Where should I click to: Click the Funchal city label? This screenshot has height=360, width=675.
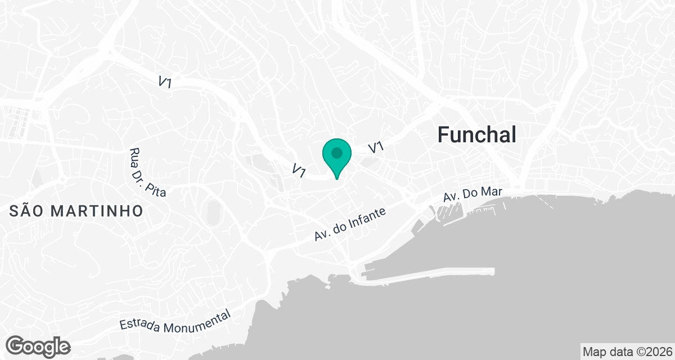(476, 135)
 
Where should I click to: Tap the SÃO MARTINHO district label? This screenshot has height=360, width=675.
(76, 211)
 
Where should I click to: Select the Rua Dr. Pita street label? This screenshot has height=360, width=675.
(147, 172)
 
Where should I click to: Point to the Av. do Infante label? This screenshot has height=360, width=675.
(350, 224)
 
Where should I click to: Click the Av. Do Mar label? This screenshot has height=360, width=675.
(472, 194)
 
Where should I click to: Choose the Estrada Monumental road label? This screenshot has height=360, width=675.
(175, 319)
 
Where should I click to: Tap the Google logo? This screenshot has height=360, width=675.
(38, 346)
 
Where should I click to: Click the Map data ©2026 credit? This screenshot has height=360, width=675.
(627, 352)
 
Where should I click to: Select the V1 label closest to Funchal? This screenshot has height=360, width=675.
(376, 147)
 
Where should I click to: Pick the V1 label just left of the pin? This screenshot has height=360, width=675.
(299, 169)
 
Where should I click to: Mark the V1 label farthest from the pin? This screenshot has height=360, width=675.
(165, 82)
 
